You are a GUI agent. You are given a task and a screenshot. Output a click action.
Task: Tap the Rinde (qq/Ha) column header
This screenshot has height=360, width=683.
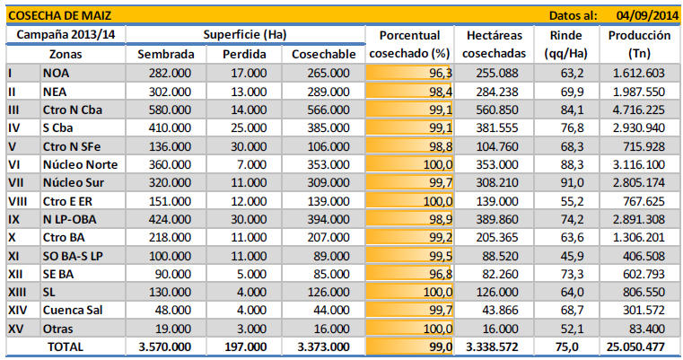tap(564, 44)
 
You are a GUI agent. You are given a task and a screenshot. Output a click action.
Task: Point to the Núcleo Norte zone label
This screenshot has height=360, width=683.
tap(80, 164)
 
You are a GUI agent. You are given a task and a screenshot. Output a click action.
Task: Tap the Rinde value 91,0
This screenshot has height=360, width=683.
tap(573, 182)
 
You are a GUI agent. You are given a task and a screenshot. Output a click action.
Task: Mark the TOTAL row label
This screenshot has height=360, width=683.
tap(65, 347)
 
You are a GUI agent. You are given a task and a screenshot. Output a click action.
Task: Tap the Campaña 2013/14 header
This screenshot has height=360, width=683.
tap(65, 34)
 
